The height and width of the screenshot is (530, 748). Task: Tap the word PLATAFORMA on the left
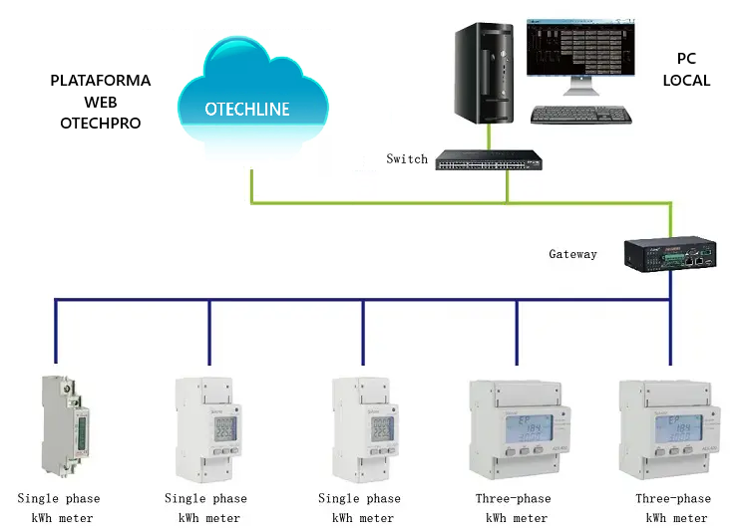(x=100, y=81)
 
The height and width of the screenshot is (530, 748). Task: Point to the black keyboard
(x=580, y=115)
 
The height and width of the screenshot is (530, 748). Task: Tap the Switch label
(x=407, y=159)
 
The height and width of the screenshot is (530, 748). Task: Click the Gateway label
(x=572, y=254)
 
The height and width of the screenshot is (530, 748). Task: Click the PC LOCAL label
(x=686, y=70)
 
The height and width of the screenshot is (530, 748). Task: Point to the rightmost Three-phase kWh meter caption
(x=673, y=507)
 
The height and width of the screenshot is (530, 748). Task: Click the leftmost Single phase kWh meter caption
(x=58, y=507)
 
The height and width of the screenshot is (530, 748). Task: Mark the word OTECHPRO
(x=100, y=124)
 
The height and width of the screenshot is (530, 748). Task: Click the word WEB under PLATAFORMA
(x=100, y=103)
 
